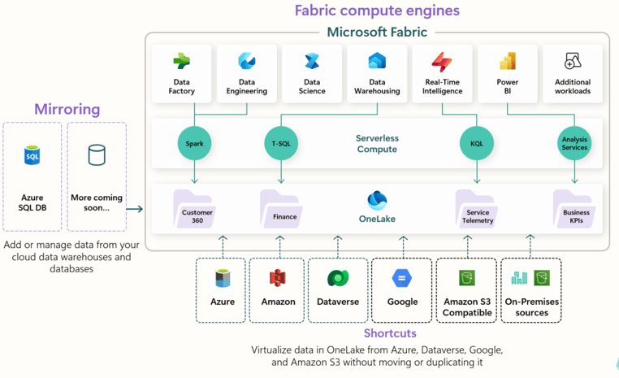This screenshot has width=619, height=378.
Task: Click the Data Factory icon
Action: [x=182, y=62]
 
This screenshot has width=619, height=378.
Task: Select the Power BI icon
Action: [x=508, y=62]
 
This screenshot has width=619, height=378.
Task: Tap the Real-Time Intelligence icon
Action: [x=442, y=62]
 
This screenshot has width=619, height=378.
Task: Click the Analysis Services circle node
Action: [x=574, y=143]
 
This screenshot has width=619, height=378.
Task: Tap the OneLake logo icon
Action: [x=377, y=200]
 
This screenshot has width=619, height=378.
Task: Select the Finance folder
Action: [x=282, y=208]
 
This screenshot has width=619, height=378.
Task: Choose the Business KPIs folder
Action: [x=574, y=208]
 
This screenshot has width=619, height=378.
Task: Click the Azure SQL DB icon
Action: [x=32, y=155]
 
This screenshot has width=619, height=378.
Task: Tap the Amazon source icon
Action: [x=278, y=279]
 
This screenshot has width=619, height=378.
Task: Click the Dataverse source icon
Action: [x=338, y=279]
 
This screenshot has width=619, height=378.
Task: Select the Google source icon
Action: [x=402, y=279]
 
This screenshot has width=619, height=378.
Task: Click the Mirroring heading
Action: [x=67, y=109]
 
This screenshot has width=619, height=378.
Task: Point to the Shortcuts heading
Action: [x=390, y=333]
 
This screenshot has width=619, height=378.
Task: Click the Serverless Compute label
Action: [x=377, y=144]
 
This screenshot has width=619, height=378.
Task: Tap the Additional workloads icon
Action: [x=573, y=62]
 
